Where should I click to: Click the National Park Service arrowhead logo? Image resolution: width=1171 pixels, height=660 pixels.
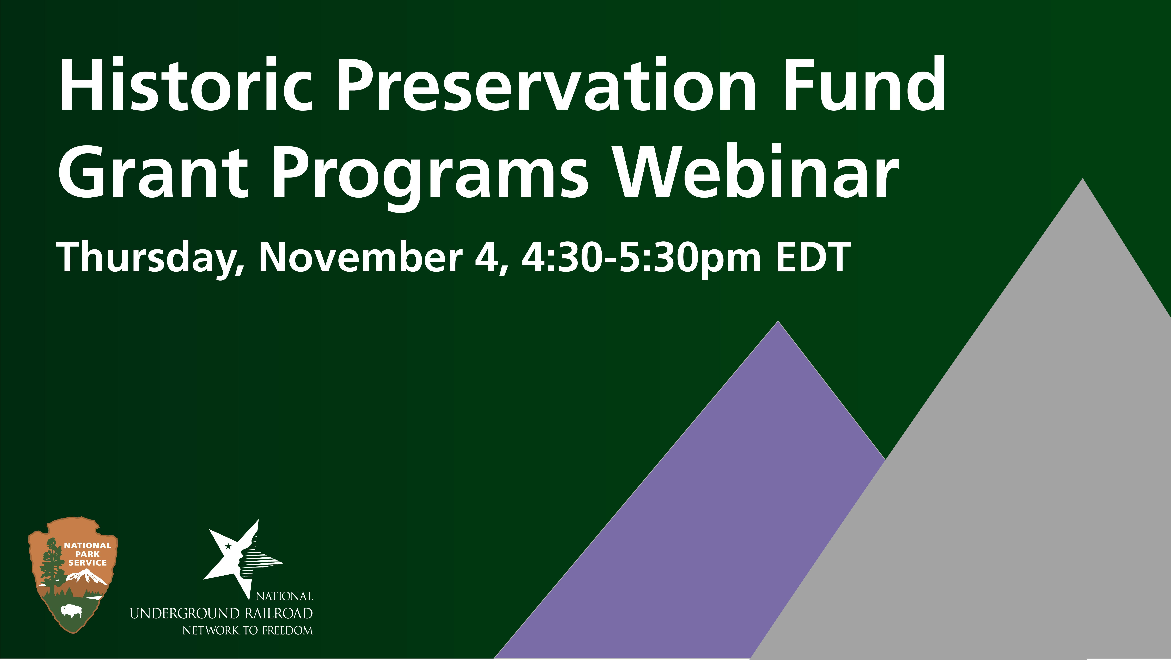pos(73,575)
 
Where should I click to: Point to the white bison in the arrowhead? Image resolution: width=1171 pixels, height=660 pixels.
pos(72,611)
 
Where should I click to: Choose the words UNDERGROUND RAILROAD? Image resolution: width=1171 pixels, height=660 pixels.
pos(221,614)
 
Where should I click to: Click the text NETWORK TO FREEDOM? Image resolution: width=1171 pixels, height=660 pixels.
pos(248,630)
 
